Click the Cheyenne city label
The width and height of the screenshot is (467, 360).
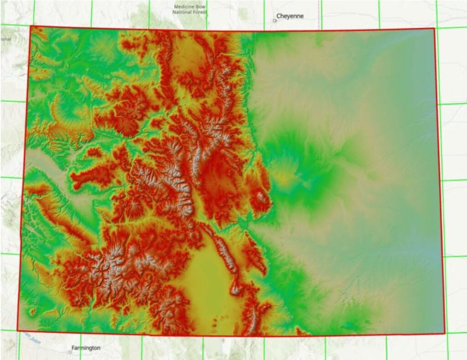[x=290, y=16]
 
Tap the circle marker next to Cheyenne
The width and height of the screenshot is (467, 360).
[x=275, y=21]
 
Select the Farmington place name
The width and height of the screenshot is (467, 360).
[x=87, y=348]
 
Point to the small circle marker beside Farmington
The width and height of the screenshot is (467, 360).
[x=69, y=352]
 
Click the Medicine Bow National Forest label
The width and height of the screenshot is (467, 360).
[x=190, y=10]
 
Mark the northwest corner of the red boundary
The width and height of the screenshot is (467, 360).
[x=31, y=26]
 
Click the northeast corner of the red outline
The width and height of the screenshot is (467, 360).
[x=434, y=28]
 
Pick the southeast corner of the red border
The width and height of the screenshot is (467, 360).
[x=445, y=333]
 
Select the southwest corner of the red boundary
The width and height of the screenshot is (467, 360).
[x=17, y=331]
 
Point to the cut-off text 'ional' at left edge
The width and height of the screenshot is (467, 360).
[x=5, y=39]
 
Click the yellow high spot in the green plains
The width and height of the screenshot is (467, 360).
[x=284, y=178]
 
